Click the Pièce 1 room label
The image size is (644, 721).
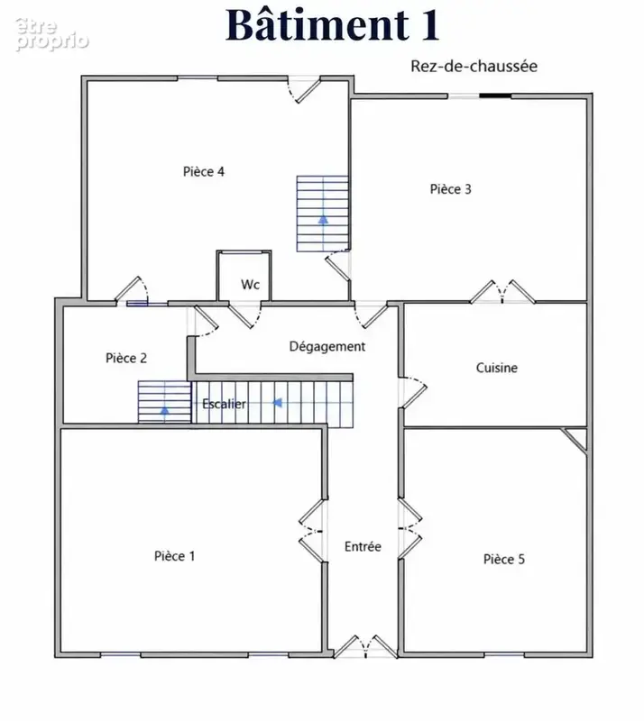pyautogui.click(x=174, y=556)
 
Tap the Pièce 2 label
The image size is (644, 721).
pyautogui.click(x=126, y=358)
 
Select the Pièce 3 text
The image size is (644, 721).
pyautogui.click(x=451, y=189)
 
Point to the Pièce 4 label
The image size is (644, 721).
pyautogui.click(x=204, y=171)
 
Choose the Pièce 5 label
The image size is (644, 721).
pyautogui.click(x=504, y=559)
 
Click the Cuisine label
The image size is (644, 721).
pyautogui.click(x=497, y=368)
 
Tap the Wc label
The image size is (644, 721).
pyautogui.click(x=251, y=285)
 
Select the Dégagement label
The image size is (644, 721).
pyautogui.click(x=327, y=347)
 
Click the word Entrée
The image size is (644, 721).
pyautogui.click(x=363, y=547)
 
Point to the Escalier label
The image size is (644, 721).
pyautogui.click(x=225, y=404)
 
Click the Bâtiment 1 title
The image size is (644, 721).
pyautogui.click(x=332, y=25)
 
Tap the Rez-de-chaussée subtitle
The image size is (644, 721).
pyautogui.click(x=474, y=66)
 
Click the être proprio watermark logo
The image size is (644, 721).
pyautogui.click(x=51, y=34)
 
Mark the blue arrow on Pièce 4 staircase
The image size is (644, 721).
pyautogui.click(x=323, y=219)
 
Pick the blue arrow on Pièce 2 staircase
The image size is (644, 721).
pyautogui.click(x=165, y=409)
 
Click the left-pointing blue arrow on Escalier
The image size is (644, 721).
pyautogui.click(x=277, y=403)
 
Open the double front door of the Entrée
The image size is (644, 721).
pyautogui.click(x=365, y=647)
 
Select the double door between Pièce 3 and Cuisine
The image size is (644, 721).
pyautogui.click(x=502, y=292)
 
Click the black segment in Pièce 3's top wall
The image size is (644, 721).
pyautogui.click(x=495, y=96)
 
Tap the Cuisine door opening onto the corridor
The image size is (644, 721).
pyautogui.click(x=413, y=392)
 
